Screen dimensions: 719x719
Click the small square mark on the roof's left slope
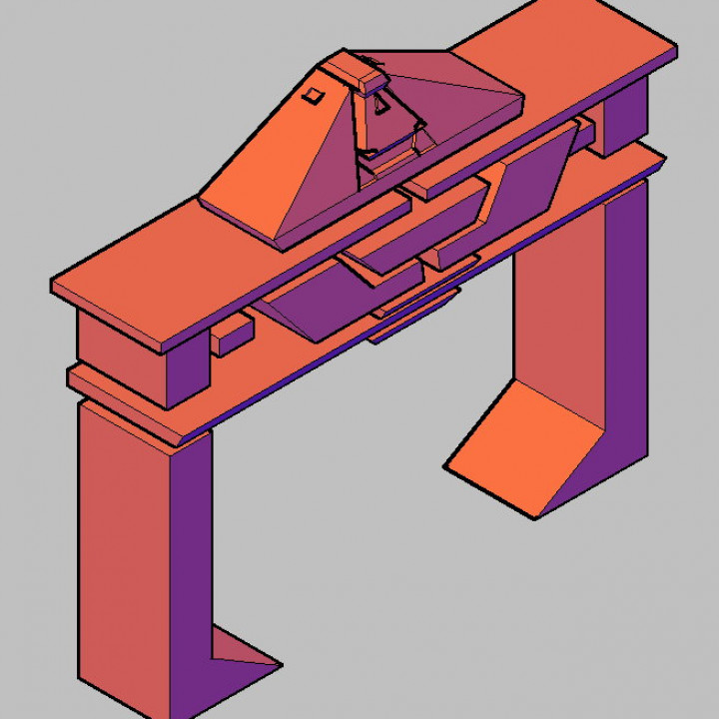click(x=313, y=95)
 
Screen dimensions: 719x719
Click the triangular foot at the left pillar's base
click(x=243, y=655)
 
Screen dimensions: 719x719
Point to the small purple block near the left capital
click(x=230, y=337)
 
